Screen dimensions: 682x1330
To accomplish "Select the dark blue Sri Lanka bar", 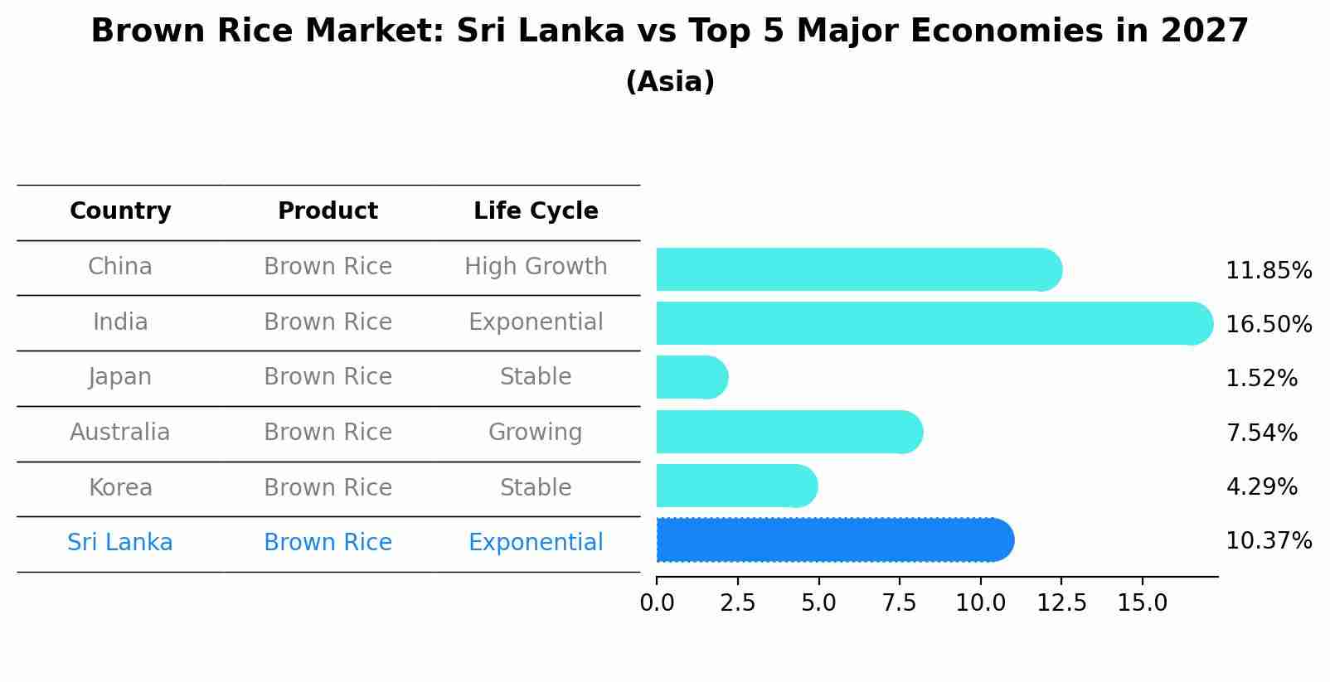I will (x=833, y=540).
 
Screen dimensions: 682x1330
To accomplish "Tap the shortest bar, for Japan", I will (x=691, y=377).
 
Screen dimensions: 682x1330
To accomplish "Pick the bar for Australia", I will (x=788, y=432).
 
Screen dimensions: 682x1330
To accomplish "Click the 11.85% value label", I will (x=1268, y=271).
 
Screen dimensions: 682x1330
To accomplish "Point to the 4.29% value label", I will (x=1261, y=486).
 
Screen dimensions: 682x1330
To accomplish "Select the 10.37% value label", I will (x=1268, y=541).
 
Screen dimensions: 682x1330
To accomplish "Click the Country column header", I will (x=120, y=211).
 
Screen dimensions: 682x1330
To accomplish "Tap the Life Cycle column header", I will (x=536, y=211).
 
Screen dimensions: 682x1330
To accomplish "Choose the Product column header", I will (x=328, y=211).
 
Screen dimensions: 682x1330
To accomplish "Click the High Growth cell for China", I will (x=536, y=267).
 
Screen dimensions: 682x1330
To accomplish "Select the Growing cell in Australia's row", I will (x=535, y=433).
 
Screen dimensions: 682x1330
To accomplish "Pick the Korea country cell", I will (x=120, y=487).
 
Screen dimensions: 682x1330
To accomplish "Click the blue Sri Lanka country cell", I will (x=120, y=543).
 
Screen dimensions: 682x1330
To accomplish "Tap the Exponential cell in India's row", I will (x=536, y=322).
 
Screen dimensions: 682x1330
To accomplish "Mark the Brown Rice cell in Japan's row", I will (x=328, y=377).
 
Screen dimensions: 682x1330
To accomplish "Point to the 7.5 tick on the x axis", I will (x=899, y=602).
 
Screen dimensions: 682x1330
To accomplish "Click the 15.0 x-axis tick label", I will (x=1142, y=602).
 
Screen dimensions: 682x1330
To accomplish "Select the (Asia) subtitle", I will (x=670, y=82).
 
